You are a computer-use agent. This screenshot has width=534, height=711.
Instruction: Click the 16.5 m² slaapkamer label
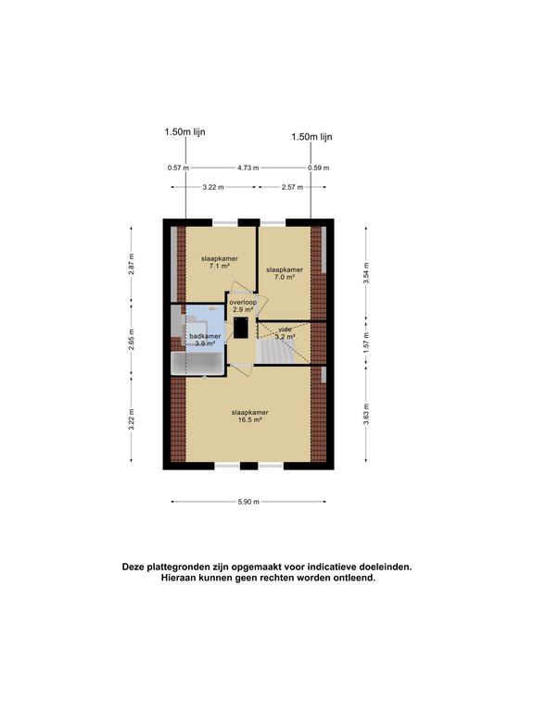(249, 417)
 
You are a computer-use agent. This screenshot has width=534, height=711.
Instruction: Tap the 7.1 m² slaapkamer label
(220, 262)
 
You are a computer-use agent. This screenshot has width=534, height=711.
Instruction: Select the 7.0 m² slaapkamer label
(285, 273)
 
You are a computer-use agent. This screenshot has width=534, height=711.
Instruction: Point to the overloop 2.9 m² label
(243, 306)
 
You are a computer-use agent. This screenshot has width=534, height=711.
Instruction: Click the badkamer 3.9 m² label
(205, 340)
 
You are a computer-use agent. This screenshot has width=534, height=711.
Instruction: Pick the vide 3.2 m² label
(286, 333)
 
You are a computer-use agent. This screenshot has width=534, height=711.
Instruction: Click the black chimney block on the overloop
(241, 328)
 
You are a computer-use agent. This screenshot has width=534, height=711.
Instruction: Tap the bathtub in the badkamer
(198, 363)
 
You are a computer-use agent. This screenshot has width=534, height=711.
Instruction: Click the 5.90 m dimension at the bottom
(248, 502)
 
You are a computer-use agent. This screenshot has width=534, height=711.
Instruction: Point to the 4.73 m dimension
(248, 168)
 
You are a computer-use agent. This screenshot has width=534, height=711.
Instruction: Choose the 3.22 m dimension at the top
(213, 187)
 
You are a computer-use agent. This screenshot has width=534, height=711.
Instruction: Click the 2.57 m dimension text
(292, 187)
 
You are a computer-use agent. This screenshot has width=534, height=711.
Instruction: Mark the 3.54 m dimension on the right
(366, 273)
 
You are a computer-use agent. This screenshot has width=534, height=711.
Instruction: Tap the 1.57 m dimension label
(366, 343)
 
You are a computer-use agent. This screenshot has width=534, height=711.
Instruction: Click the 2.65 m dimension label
(132, 340)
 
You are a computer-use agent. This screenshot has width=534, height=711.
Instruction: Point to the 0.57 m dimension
(178, 168)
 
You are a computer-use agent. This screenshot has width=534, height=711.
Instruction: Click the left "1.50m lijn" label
(184, 132)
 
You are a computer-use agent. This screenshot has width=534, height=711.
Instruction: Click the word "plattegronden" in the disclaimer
(176, 567)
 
